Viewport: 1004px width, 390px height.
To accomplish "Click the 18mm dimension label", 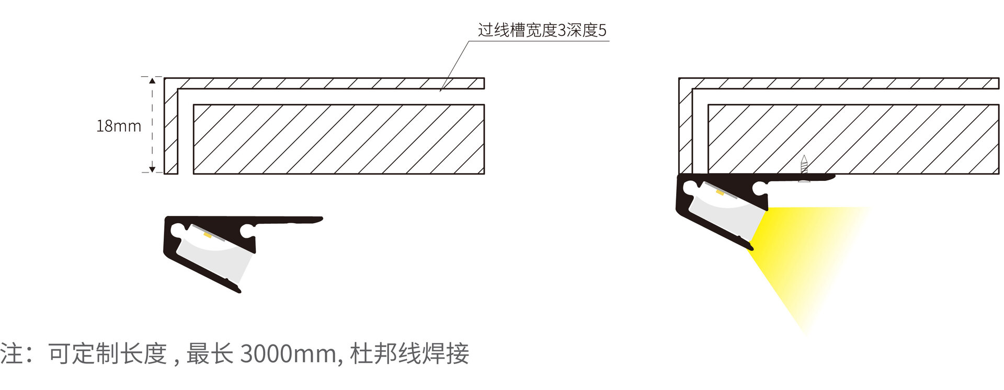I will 119,126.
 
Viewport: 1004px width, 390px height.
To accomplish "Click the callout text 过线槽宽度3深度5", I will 542,30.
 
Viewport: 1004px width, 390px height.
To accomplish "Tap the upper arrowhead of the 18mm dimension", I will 152,81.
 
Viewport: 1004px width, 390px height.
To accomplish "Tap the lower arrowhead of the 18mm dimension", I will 152,169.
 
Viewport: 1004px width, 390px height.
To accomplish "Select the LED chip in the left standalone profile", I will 207,236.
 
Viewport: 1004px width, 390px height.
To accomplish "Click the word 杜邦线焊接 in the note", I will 409,354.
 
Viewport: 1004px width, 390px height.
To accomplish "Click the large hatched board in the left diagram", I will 339,139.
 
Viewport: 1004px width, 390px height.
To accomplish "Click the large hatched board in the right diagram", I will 852,139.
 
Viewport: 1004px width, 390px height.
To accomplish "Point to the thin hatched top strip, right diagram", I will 842,84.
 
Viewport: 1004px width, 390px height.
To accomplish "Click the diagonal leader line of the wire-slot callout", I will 455,65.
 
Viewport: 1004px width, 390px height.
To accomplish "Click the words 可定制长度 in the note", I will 107,354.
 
